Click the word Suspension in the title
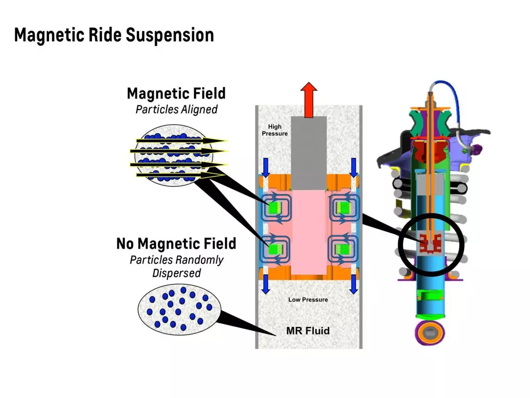(170, 35)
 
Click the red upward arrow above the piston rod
(309, 100)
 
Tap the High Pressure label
(275, 130)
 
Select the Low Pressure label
(308, 299)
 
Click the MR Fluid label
(308, 330)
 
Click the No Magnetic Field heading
(176, 244)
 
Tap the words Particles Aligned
(177, 109)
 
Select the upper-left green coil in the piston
(275, 207)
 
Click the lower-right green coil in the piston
(342, 249)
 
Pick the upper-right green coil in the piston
(342, 207)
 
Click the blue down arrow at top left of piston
(266, 168)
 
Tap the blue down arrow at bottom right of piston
(353, 284)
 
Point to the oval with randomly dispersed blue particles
(179, 310)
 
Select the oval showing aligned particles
(174, 155)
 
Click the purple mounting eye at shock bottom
(430, 333)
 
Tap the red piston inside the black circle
(430, 243)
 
